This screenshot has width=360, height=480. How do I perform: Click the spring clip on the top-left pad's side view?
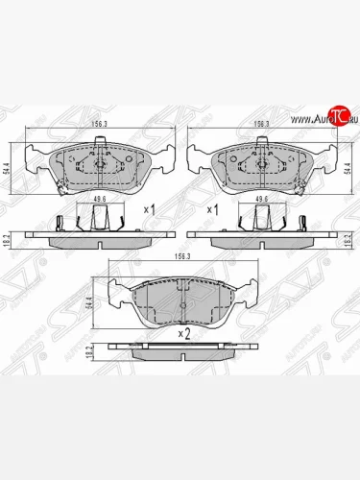(x=60, y=223)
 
